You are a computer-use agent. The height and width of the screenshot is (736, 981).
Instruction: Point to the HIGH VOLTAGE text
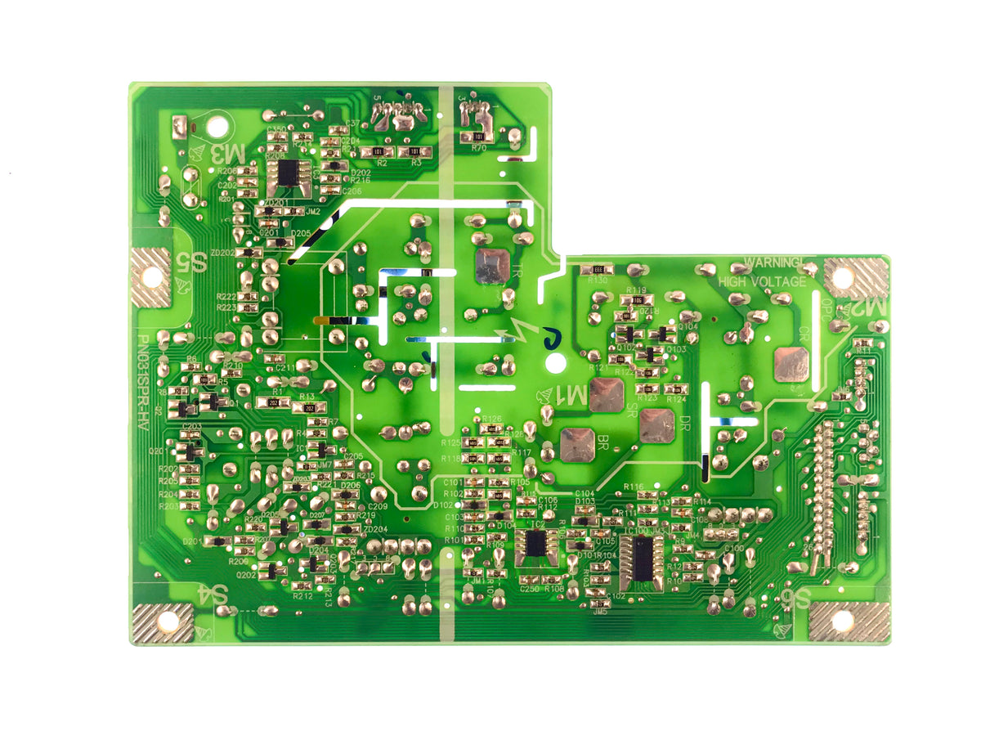(762, 282)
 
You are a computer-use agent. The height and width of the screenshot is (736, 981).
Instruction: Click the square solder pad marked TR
(492, 267)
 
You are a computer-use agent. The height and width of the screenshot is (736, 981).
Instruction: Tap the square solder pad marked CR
(791, 364)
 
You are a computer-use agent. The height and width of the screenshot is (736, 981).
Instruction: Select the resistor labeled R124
(675, 388)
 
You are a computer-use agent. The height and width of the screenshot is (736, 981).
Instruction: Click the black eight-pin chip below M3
(288, 173)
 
